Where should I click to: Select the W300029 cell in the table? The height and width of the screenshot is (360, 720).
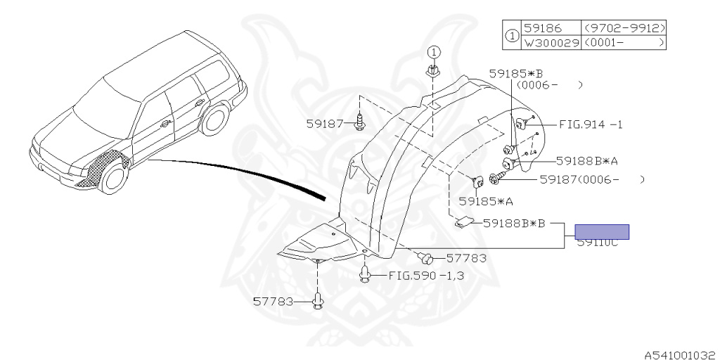551,43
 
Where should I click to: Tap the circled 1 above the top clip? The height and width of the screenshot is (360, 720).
434,52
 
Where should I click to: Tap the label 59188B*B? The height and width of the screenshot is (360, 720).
514,224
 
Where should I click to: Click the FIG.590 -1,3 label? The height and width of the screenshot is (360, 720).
426,275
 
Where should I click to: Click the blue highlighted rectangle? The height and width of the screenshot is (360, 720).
602,231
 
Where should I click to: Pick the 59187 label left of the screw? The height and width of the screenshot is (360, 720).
324,124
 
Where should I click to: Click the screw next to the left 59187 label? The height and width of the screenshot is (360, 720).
360,124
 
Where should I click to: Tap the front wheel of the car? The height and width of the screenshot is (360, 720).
112,176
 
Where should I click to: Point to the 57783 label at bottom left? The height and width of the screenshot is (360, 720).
273,302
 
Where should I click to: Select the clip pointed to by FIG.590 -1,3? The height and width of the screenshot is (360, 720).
365,274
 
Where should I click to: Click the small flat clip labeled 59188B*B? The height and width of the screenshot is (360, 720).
464,222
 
